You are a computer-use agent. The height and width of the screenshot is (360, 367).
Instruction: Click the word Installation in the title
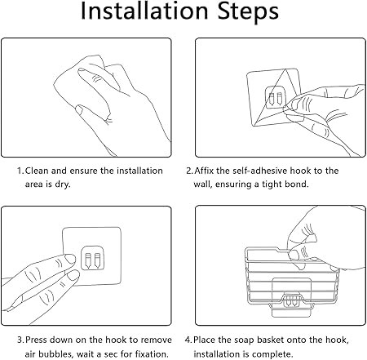click(144, 11)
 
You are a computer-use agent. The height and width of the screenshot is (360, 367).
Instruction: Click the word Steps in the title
click(249, 11)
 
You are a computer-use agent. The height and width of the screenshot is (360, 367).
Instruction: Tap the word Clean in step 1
click(37, 171)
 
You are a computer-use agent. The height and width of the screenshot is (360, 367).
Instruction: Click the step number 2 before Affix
click(189, 171)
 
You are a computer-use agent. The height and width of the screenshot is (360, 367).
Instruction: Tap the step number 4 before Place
click(188, 340)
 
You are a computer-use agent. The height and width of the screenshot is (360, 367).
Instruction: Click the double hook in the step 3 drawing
click(92, 258)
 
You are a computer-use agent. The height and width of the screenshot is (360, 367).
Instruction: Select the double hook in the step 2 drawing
click(275, 98)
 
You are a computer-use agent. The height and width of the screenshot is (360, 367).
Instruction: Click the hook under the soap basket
click(291, 300)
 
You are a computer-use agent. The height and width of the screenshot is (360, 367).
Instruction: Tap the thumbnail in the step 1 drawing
click(79, 109)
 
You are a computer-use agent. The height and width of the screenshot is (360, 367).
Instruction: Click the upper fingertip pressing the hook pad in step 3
click(70, 259)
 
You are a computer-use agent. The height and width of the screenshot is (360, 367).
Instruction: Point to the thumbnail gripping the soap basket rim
click(294, 256)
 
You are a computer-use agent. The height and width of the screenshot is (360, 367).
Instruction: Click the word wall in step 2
click(203, 184)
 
